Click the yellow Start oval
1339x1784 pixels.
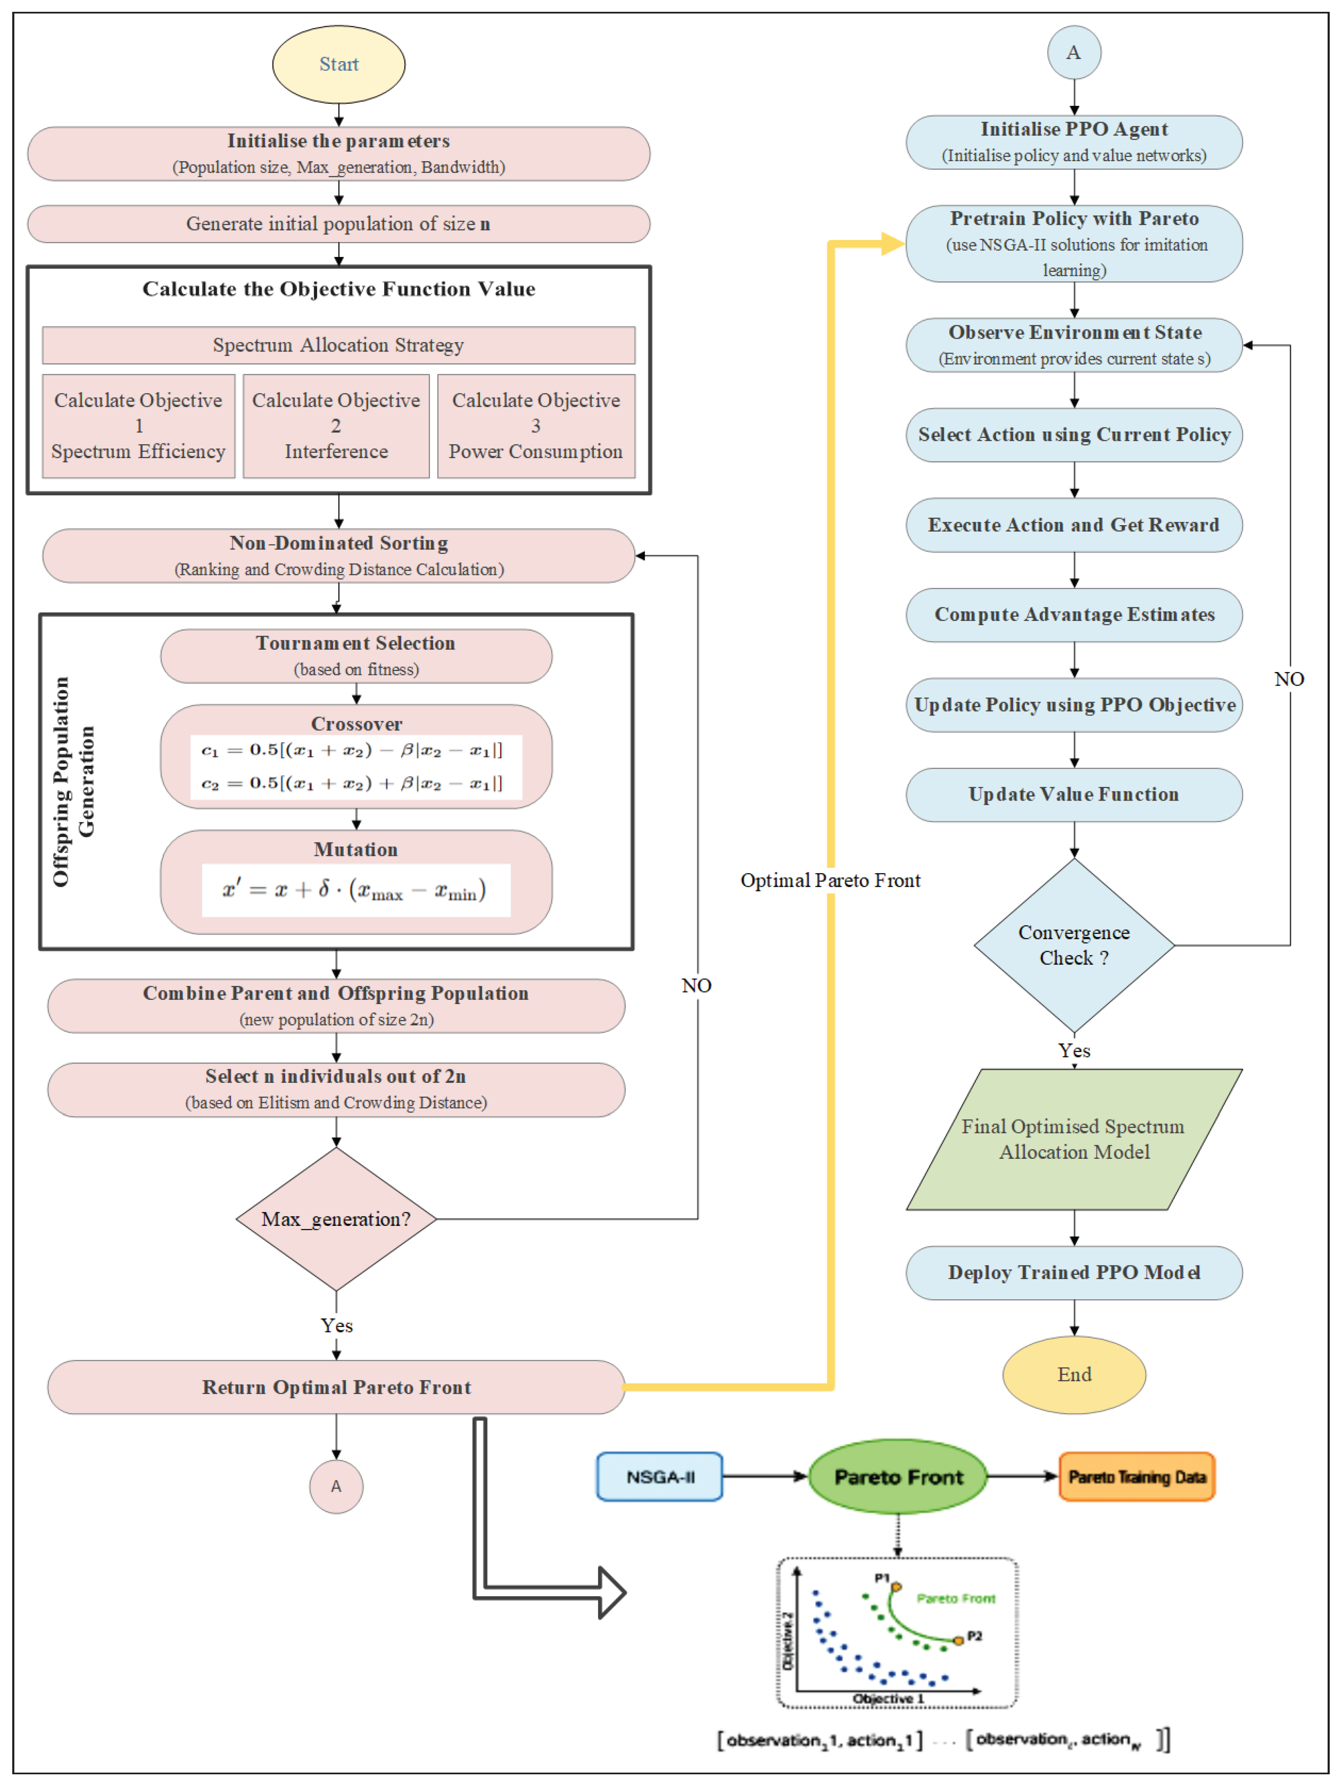[339, 65]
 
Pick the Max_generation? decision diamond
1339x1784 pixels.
[336, 1219]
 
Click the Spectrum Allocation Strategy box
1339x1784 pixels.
[339, 345]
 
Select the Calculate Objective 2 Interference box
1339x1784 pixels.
[336, 426]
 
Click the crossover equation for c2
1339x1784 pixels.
[352, 783]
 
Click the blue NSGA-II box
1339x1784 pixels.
[660, 1477]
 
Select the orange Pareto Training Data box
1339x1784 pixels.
[1136, 1477]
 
